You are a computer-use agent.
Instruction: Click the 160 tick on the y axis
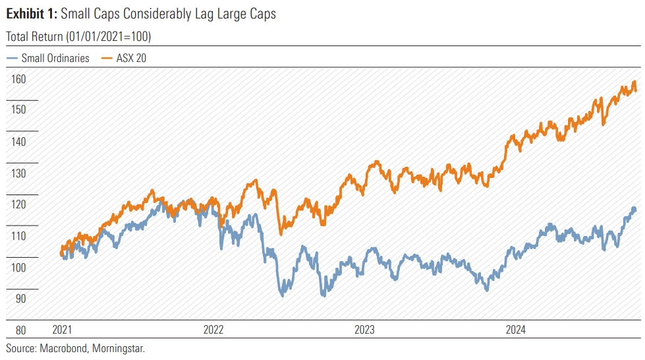pyautogui.click(x=18, y=78)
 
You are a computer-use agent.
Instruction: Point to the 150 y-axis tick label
pyautogui.click(x=18, y=109)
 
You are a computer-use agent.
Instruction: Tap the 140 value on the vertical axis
pyautogui.click(x=18, y=141)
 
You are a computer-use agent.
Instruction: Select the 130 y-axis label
pyautogui.click(x=18, y=173)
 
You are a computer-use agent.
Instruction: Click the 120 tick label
pyautogui.click(x=18, y=204)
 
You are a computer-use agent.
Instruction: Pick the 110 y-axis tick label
pyautogui.click(x=18, y=236)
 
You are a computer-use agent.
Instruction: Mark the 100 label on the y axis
pyautogui.click(x=18, y=268)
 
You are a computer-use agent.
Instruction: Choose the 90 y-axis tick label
pyautogui.click(x=20, y=299)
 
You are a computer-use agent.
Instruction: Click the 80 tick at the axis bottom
pyautogui.click(x=20, y=330)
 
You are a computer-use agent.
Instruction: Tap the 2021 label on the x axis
pyautogui.click(x=63, y=330)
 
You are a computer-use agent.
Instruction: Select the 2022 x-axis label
pyautogui.click(x=215, y=330)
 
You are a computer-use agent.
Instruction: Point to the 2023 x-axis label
pyautogui.click(x=366, y=330)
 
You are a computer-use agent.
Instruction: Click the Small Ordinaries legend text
pyautogui.click(x=55, y=58)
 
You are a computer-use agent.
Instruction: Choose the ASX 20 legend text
pyautogui.click(x=132, y=58)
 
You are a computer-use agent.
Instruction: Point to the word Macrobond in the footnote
pyautogui.click(x=64, y=347)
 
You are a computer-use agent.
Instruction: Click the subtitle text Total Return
pyautogui.click(x=35, y=36)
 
